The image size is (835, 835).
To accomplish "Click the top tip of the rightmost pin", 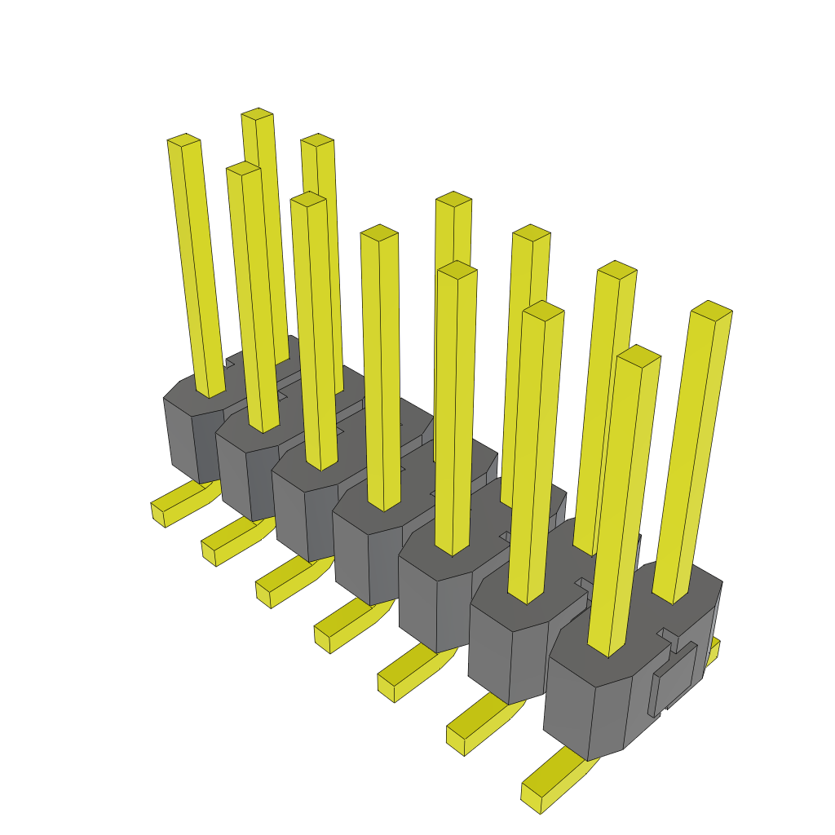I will click(x=711, y=310).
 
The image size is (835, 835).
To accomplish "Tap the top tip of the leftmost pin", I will click(x=184, y=140).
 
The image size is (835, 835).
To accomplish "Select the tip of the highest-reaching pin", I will click(x=257, y=113).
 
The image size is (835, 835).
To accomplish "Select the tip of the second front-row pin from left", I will click(x=243, y=168).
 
